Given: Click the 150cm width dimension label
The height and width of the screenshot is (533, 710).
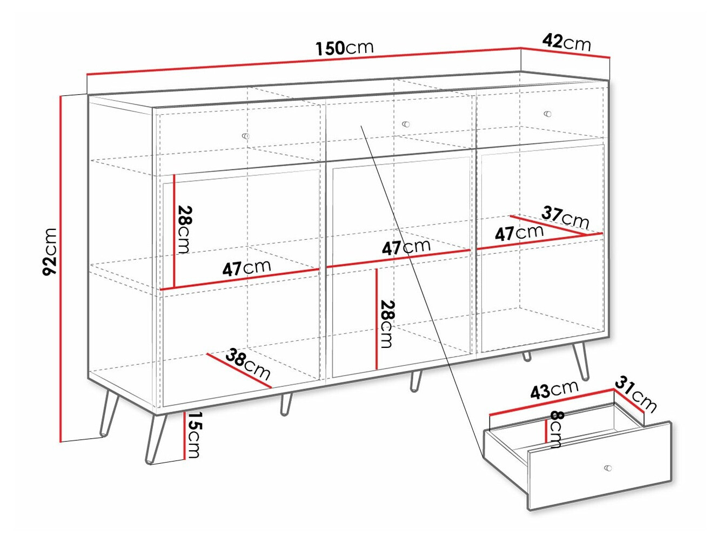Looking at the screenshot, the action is (x=344, y=48).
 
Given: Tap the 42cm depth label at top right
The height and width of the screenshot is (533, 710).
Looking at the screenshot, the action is (x=566, y=42).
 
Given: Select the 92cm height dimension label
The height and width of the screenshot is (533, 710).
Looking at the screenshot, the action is (x=50, y=252).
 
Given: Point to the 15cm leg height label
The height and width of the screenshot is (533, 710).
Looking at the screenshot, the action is (x=193, y=435).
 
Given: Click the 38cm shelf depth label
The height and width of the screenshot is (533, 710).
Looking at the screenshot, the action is (x=248, y=364).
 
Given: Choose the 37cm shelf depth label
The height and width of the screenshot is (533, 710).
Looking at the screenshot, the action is (x=565, y=217).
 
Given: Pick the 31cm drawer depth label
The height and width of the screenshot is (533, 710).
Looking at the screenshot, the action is (x=635, y=396).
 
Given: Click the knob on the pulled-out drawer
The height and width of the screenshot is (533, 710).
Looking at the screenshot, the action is (x=608, y=468).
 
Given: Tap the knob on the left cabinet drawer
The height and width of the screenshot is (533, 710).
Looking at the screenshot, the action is (x=246, y=136).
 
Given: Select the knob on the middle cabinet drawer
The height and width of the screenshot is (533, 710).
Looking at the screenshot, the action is (x=406, y=124).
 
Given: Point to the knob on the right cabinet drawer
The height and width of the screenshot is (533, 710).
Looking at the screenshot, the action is (x=547, y=114).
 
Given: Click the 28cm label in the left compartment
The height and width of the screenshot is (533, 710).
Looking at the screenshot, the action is (x=185, y=229).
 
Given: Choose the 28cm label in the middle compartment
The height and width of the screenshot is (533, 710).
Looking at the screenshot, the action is (x=387, y=324).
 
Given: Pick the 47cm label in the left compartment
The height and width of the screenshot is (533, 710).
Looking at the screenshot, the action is (x=246, y=268).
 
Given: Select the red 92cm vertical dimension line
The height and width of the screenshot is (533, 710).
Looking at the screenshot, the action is (x=61, y=268).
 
